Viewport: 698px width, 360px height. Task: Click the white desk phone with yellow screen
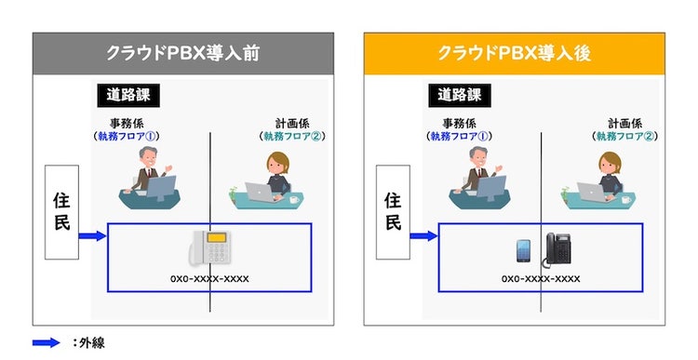click(x=213, y=249)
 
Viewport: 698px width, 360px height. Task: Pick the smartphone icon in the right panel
click(x=524, y=252)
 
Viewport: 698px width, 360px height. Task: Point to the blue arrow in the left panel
click(x=93, y=237)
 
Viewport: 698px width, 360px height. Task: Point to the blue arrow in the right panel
click(x=424, y=237)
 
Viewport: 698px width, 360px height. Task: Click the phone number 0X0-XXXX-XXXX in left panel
click(x=209, y=278)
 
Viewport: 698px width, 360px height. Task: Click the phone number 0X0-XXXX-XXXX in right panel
click(x=542, y=278)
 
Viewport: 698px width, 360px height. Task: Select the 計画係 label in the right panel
click(x=626, y=123)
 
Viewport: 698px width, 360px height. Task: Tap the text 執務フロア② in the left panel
click(x=293, y=136)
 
